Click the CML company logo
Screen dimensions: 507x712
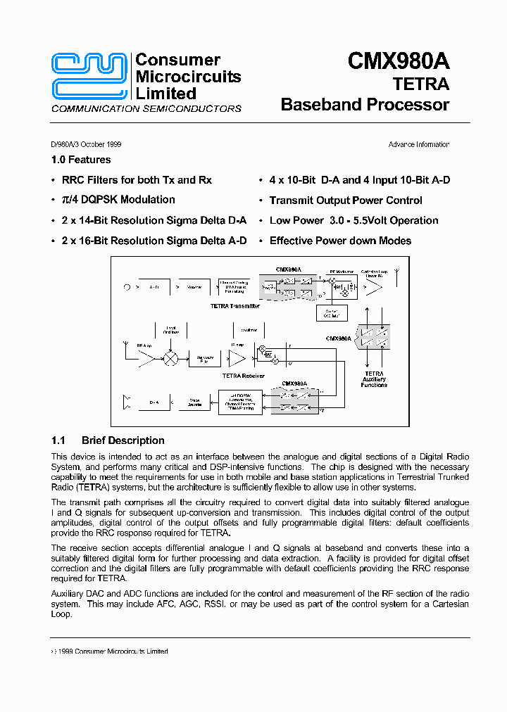click(90, 76)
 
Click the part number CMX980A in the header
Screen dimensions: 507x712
click(398, 62)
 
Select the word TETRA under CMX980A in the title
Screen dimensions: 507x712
click(420, 84)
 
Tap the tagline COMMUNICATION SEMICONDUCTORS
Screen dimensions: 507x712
click(146, 109)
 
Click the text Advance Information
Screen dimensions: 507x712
click(418, 145)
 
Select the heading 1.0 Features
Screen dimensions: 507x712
click(81, 160)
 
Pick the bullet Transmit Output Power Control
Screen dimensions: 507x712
click(346, 201)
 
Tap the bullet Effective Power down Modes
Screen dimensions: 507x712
click(340, 241)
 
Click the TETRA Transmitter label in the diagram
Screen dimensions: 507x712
click(235, 306)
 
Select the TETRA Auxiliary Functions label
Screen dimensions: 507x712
click(374, 379)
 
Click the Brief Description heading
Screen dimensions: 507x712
click(123, 441)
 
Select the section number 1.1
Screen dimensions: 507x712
click(58, 441)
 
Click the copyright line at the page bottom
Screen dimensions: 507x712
click(110, 651)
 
